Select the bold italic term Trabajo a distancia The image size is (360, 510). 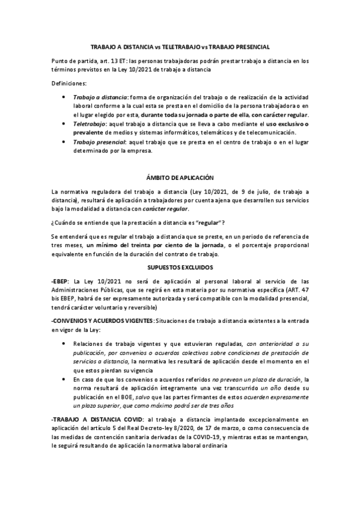100,97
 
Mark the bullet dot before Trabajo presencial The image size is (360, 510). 65,142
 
